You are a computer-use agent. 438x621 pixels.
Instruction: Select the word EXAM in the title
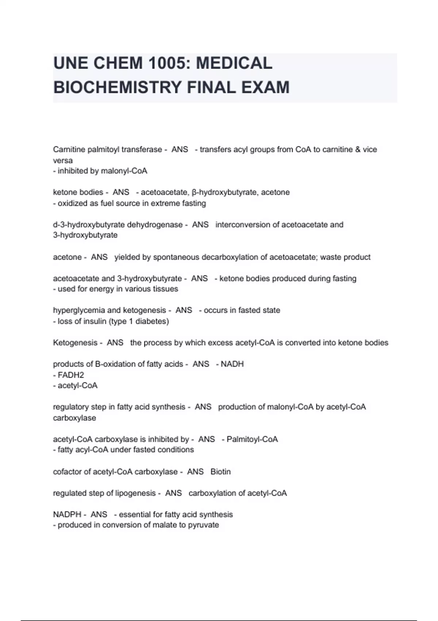(266, 87)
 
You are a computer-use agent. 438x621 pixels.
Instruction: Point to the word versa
(63, 160)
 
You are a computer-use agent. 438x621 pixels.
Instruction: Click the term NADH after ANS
(232, 364)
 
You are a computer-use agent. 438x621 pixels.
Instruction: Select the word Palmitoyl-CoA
(252, 439)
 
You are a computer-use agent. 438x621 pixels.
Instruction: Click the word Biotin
(220, 472)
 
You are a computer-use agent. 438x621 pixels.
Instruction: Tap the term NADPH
(67, 514)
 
